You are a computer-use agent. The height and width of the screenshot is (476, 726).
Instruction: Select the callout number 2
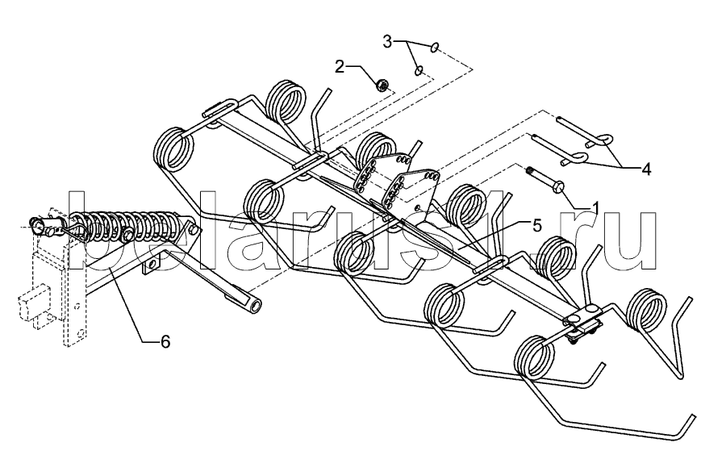340,66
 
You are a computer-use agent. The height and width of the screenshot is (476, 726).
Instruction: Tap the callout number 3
388,40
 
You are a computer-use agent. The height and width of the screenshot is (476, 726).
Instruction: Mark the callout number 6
165,342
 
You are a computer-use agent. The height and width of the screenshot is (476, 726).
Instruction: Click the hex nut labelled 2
384,83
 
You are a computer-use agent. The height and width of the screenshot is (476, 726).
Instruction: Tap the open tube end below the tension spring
254,307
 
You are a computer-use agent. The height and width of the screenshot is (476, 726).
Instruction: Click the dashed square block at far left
29,307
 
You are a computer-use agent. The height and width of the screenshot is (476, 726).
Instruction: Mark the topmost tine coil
286,103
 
